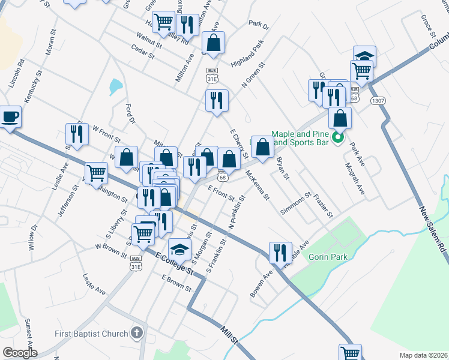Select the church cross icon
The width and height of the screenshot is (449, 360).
[137, 333]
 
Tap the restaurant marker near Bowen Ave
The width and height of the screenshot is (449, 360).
[280, 253]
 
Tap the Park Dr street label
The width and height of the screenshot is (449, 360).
[259, 26]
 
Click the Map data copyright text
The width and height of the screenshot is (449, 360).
[423, 355]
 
